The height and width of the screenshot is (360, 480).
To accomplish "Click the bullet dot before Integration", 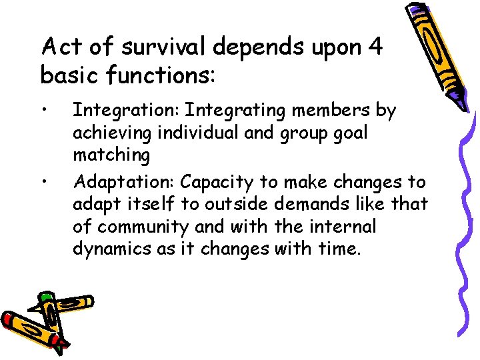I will click(43, 109).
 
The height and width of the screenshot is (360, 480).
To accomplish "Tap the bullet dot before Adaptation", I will click(43, 181).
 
